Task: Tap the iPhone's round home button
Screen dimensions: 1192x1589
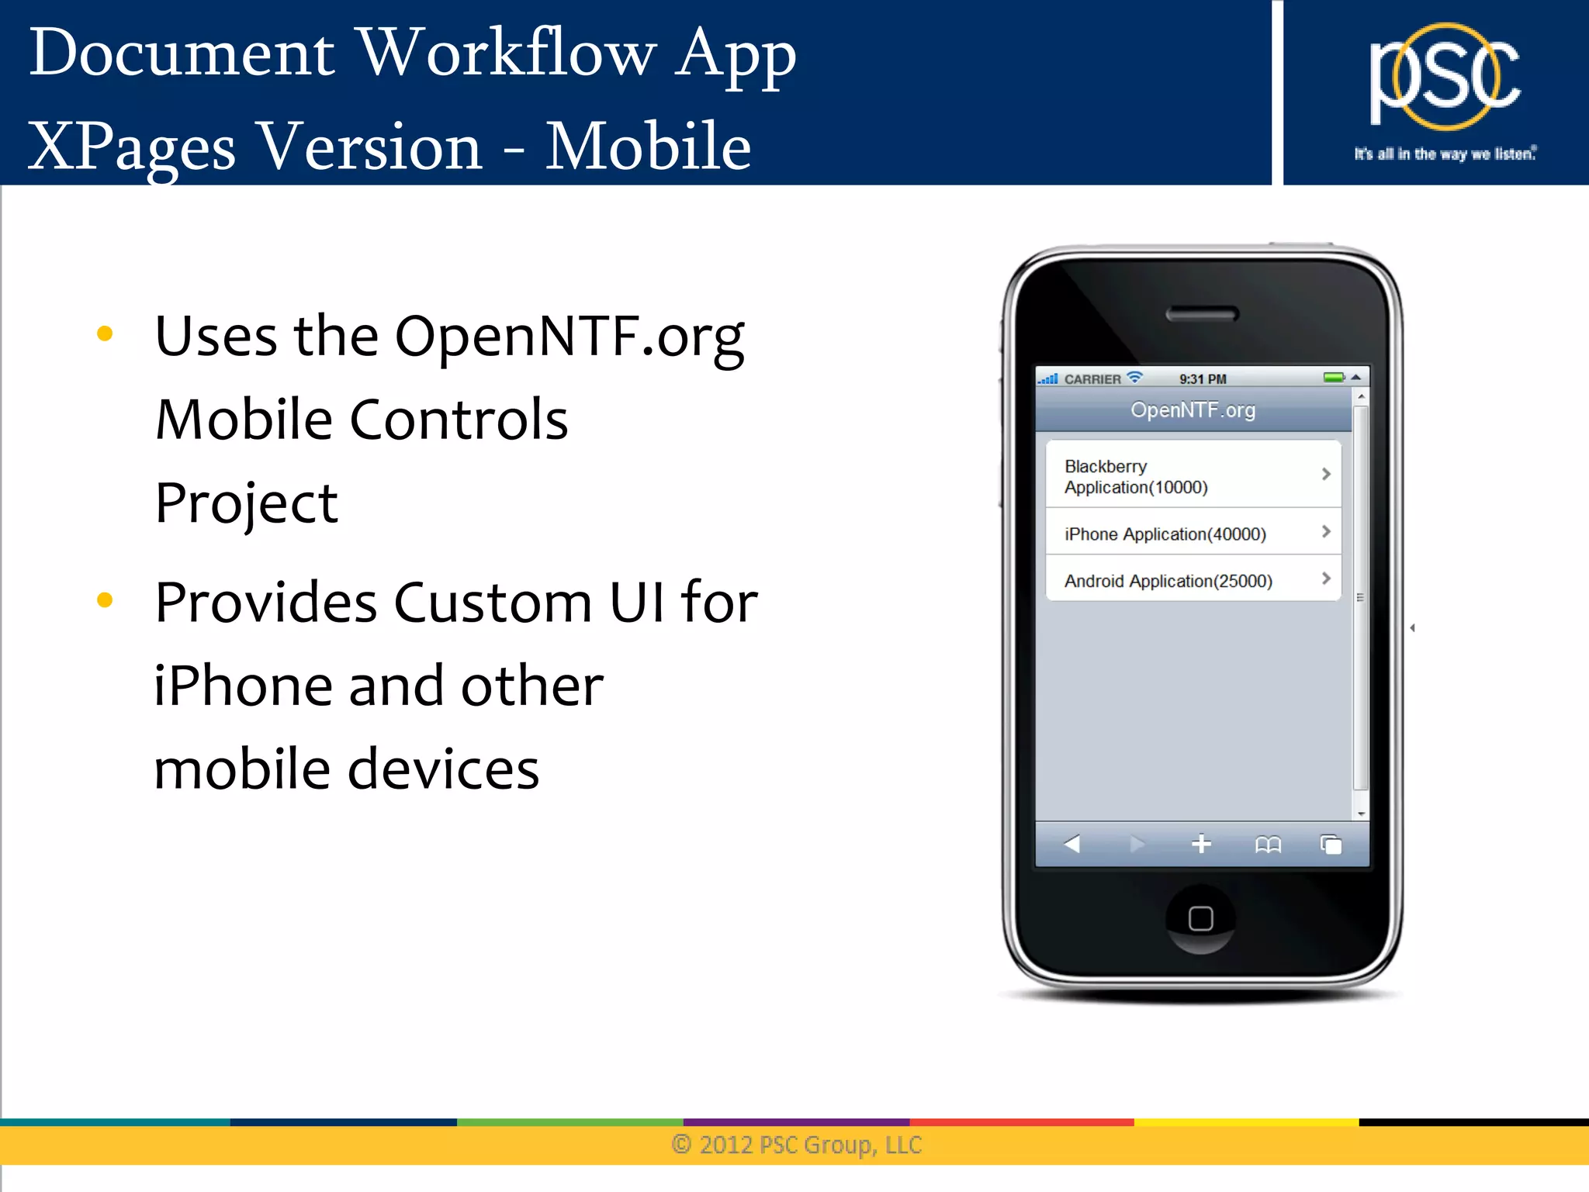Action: click(1200, 918)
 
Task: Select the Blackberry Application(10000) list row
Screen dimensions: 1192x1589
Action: click(1193, 475)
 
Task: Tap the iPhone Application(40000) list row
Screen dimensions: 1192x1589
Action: click(1193, 534)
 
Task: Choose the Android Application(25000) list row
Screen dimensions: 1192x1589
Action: click(1193, 580)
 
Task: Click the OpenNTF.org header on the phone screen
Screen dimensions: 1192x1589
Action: click(1193, 409)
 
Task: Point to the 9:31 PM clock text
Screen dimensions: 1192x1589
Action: click(1203, 379)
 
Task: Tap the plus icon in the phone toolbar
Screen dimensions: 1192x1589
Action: click(1201, 844)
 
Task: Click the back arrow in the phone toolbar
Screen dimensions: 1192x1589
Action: click(1072, 844)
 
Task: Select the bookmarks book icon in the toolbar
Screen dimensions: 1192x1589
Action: click(1268, 844)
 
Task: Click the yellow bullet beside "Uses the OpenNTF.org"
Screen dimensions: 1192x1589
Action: click(105, 334)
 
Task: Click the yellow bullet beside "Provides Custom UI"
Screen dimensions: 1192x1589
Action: click(105, 600)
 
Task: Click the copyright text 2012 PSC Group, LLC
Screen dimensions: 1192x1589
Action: click(797, 1145)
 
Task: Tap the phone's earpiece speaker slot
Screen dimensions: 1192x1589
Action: click(1202, 314)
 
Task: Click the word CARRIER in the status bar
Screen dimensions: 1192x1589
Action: click(1092, 379)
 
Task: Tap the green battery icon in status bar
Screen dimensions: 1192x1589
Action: click(1334, 378)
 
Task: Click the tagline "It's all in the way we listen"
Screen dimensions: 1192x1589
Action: click(1445, 154)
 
